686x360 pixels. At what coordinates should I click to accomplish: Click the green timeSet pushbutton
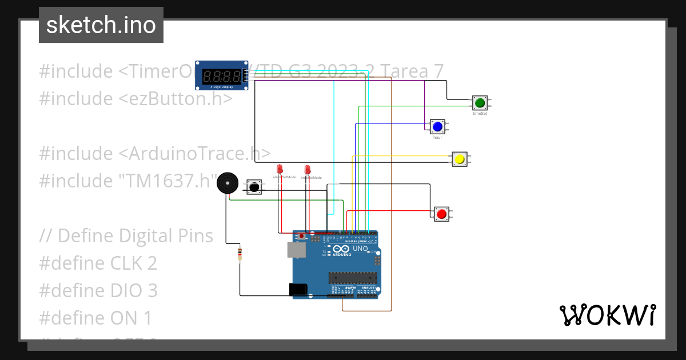coord(479,103)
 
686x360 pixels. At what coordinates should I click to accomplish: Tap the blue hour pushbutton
coord(437,126)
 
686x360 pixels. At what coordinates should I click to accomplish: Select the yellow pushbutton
coord(459,159)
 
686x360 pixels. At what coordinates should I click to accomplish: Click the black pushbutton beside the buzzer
coord(254,187)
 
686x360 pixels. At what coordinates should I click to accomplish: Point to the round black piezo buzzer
coord(228,184)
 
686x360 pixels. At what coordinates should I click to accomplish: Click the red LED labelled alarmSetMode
coord(280,169)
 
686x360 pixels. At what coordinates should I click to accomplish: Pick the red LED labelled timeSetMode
coord(307,170)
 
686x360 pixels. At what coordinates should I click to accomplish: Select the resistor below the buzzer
coord(240,254)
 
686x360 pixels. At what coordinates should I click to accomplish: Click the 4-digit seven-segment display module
coord(222,75)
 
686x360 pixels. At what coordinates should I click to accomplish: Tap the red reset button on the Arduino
coord(302,236)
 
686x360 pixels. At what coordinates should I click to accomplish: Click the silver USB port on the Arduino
coord(295,250)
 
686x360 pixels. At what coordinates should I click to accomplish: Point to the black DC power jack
coord(298,290)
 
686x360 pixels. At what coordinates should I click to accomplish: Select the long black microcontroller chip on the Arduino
coord(352,278)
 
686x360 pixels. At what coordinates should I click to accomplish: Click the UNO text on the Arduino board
coord(360,249)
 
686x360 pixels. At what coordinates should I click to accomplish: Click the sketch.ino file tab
coord(101,25)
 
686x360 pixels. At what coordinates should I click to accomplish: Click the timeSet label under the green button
coord(480,114)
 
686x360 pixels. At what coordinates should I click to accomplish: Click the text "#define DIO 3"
coord(98,290)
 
